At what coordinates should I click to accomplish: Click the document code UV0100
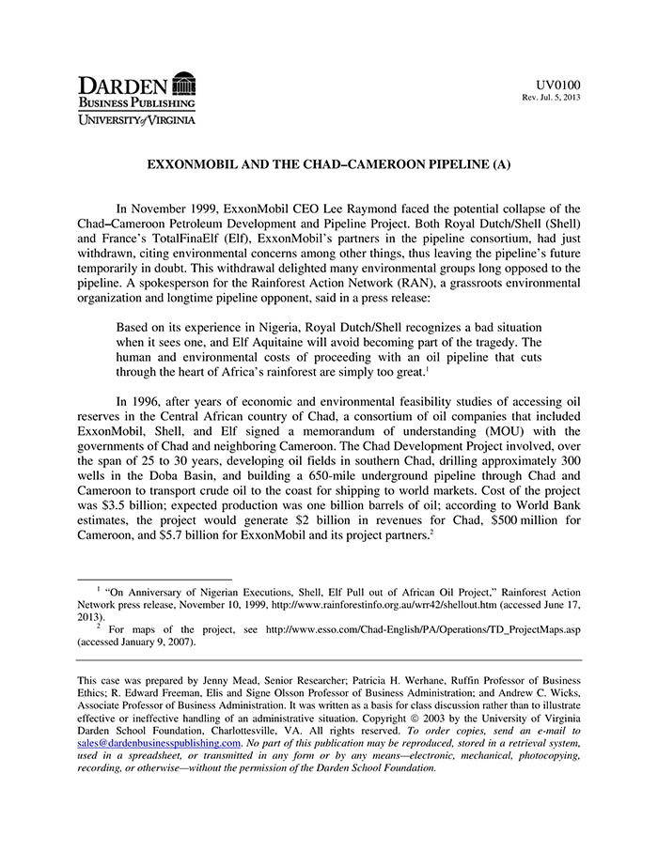[558, 85]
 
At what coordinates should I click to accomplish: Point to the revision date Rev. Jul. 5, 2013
[551, 99]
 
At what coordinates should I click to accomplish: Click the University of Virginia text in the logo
[136, 119]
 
